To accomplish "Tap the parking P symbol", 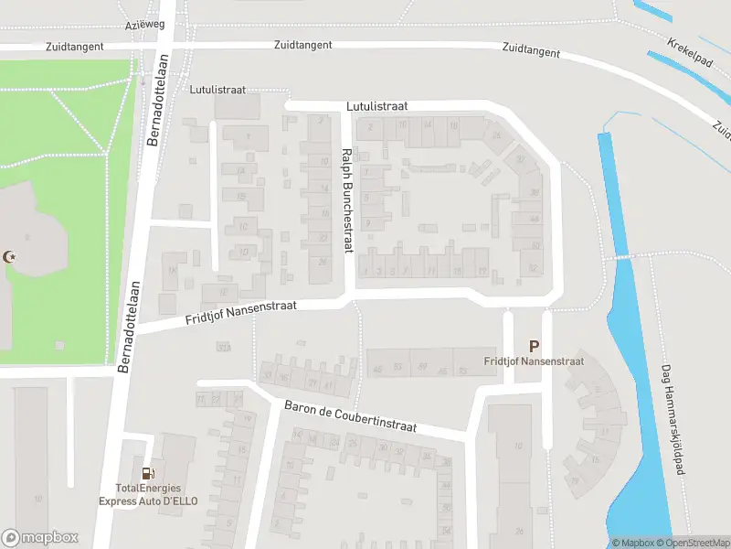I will [x=535, y=346].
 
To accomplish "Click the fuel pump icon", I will [x=148, y=473].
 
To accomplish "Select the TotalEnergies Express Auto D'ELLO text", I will [x=149, y=495].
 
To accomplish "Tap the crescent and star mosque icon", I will [x=12, y=259].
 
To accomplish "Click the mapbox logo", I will [x=40, y=537].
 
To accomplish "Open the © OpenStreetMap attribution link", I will [x=691, y=543].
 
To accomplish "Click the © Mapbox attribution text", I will [x=631, y=543].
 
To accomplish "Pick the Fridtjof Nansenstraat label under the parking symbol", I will [x=534, y=361].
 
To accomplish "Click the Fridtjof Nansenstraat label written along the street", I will [x=241, y=311].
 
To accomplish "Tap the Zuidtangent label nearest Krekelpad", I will [x=530, y=51].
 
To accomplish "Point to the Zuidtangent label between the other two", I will [x=303, y=45].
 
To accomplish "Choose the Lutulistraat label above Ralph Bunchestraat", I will [x=376, y=106].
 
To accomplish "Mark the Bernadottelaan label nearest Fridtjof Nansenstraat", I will [x=132, y=327].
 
